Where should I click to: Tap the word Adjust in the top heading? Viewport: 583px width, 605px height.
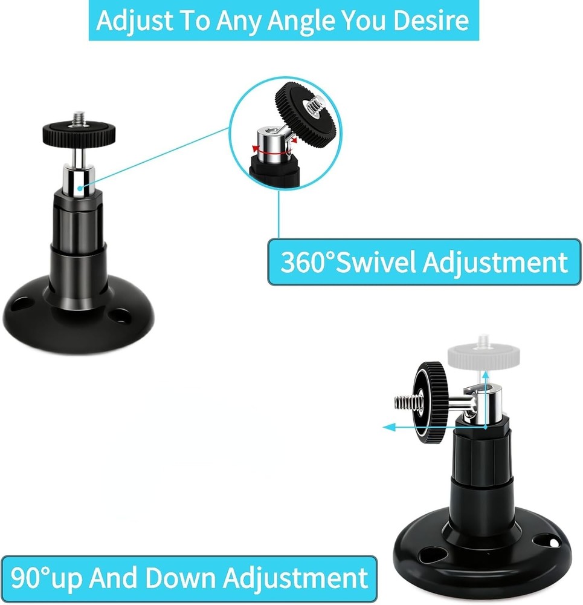(135, 21)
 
